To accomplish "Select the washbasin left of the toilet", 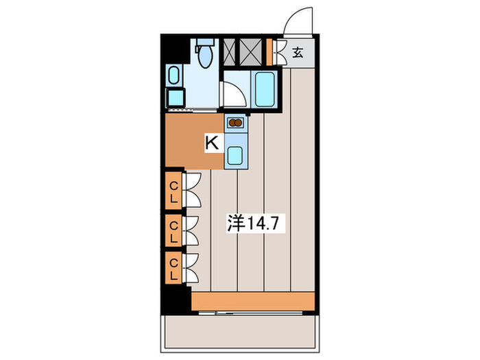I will click(x=174, y=75).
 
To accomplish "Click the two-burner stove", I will click(x=235, y=124).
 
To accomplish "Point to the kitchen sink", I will click(x=235, y=155).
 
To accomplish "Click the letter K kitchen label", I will click(x=212, y=143).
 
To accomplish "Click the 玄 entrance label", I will click(x=299, y=52).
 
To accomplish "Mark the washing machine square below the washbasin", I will click(x=174, y=97).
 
